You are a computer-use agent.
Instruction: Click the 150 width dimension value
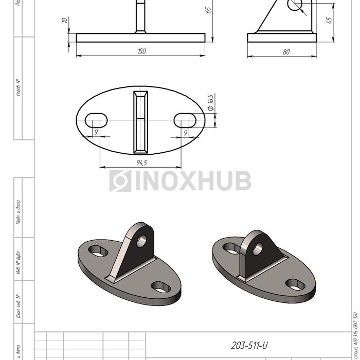coord(142,51)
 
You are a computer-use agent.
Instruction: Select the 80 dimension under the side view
coord(286,51)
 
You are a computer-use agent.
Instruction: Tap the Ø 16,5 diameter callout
coord(210,102)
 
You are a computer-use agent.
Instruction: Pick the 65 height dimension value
coord(209,10)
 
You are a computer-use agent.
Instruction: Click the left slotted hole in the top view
coord(96,120)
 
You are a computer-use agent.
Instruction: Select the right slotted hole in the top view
coord(185,120)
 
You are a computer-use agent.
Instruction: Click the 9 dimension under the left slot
coord(96,132)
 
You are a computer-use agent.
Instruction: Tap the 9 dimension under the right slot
coord(186,132)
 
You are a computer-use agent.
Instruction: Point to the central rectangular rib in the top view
coord(140,122)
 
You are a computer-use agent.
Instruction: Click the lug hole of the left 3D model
coord(142,240)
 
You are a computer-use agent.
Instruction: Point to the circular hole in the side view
coord(295,4)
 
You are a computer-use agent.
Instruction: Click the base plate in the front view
coord(140,38)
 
